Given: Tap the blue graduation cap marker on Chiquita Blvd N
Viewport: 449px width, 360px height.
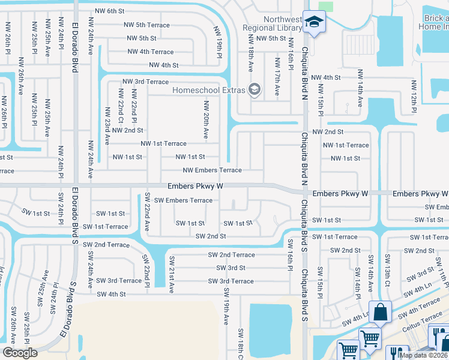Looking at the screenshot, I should coord(313,22).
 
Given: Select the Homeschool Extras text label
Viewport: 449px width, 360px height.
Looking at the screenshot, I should coord(208,90).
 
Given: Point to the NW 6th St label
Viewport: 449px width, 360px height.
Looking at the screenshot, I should coord(110,11).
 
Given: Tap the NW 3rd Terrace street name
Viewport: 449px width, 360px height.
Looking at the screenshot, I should coord(145,82).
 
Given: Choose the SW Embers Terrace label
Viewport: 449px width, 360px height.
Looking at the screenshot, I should coord(183,200).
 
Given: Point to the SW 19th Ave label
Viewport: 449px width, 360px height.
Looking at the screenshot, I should coord(226,306).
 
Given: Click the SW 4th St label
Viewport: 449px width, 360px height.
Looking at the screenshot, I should coord(111,294).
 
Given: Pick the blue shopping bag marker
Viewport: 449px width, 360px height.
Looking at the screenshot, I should coord(380,313).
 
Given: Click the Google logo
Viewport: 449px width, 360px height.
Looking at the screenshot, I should coord(20,352).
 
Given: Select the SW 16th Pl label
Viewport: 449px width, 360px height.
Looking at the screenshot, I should coord(289,253).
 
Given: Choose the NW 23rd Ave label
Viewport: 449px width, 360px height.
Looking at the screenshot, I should coord(107,126).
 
